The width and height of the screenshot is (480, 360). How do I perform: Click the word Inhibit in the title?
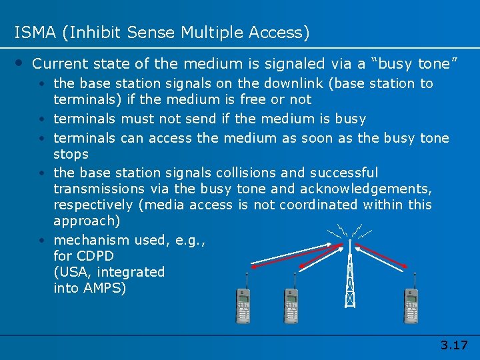(89, 32)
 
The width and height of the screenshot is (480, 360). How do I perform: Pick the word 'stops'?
(71, 154)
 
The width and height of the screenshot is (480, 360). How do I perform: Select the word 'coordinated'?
(321, 204)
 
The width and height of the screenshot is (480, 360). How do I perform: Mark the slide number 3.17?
(454, 345)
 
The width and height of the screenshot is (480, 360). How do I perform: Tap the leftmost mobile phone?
(245, 305)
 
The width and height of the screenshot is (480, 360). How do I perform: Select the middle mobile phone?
(291, 305)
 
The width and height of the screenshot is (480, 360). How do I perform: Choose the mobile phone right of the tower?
(411, 305)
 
